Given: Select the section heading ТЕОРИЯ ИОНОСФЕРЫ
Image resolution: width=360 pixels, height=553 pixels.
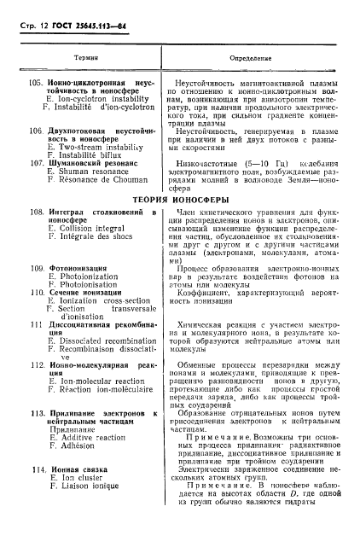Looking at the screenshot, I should click(180, 200).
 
